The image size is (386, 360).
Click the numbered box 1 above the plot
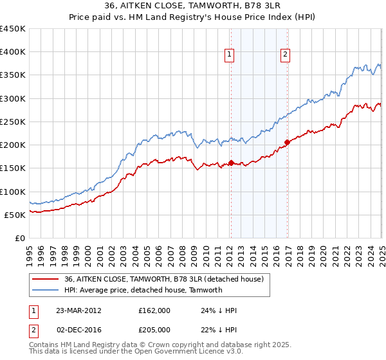[230, 56]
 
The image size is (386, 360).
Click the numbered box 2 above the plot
[284, 56]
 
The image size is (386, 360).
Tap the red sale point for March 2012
[231, 163]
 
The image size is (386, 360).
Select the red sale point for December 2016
[287, 142]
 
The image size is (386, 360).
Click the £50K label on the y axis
[15, 215]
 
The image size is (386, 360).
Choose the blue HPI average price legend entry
[143, 290]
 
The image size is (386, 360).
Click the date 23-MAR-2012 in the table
[78, 310]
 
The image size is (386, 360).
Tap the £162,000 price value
[154, 310]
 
